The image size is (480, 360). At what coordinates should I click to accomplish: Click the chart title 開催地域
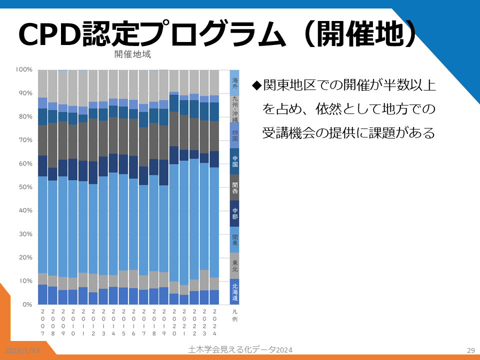tap(132, 54)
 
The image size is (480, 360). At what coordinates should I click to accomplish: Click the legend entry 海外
tap(235, 82)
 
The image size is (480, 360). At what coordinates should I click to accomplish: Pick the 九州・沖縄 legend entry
tap(235, 109)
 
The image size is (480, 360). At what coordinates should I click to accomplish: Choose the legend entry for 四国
tap(235, 135)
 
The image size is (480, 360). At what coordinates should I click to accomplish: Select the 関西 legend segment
tap(235, 187)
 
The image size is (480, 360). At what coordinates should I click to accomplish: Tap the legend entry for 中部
tap(235, 213)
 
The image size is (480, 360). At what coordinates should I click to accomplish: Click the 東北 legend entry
tap(235, 265)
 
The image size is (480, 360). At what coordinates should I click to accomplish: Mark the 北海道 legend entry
tap(235, 292)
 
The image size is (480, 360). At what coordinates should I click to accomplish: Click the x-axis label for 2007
tap(43, 322)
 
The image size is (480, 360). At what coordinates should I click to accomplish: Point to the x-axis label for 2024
tap(214, 322)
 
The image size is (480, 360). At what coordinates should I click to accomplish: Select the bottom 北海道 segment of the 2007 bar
tap(43, 294)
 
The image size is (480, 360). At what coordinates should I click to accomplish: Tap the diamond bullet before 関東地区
tap(257, 85)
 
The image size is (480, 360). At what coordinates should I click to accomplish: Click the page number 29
tap(470, 350)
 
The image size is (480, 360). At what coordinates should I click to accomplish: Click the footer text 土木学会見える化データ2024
tap(240, 349)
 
